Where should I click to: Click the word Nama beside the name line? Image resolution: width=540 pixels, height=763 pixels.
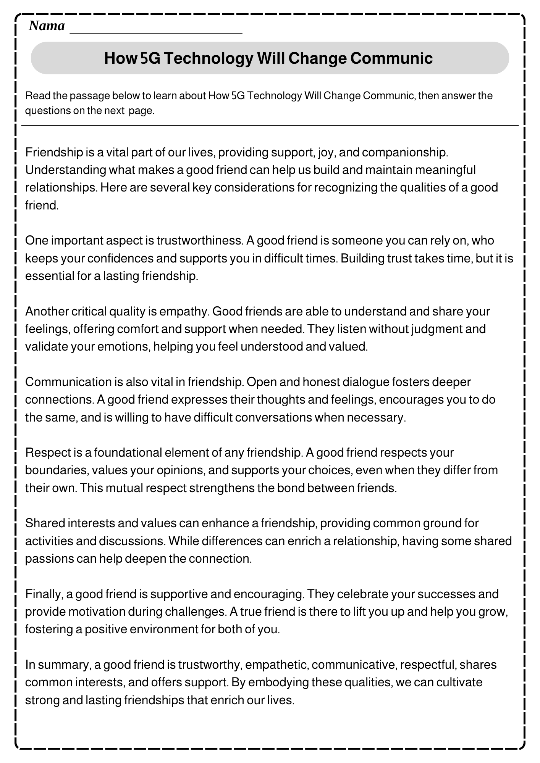(x=47, y=26)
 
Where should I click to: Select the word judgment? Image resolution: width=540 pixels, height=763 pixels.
(x=436, y=329)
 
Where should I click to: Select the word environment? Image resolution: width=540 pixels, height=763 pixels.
(x=163, y=629)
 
